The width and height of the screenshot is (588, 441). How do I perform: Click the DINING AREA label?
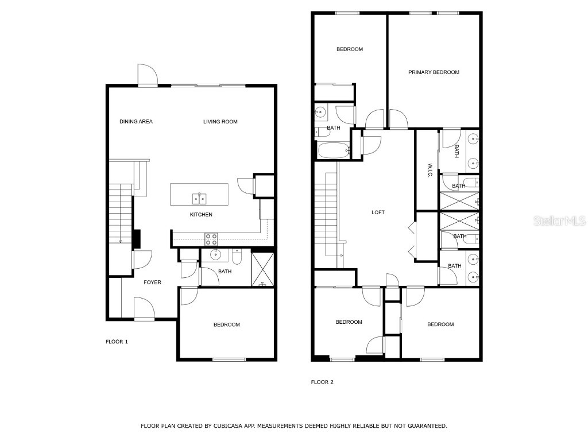(136, 121)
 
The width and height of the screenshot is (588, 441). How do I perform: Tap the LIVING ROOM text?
(220, 121)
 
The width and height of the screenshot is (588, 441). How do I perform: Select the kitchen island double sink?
(199, 199)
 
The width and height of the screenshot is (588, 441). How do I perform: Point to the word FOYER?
(152, 282)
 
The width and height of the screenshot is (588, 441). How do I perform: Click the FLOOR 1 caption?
(117, 342)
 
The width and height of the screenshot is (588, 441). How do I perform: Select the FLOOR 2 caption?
(322, 382)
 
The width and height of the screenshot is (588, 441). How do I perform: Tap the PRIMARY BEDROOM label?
(434, 72)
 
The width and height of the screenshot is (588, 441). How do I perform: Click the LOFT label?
(378, 212)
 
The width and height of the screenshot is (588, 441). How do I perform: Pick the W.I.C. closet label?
(430, 171)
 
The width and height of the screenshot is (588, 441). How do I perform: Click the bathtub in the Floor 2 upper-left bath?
(334, 150)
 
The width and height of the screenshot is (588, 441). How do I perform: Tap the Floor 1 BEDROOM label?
(226, 325)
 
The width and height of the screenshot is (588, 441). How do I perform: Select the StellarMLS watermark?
(559, 220)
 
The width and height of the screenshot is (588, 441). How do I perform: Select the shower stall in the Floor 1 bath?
(263, 269)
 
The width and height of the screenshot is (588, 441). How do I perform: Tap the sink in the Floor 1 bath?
(216, 254)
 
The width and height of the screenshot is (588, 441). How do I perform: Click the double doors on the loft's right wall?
(412, 239)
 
